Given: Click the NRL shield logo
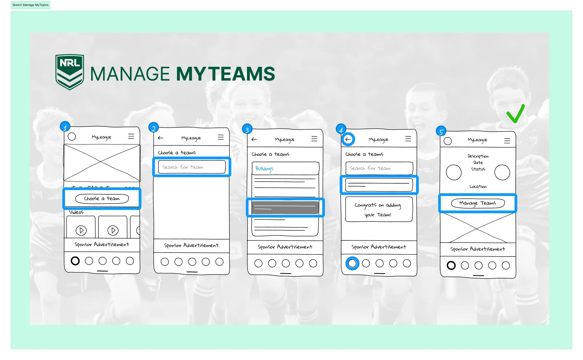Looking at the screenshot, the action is pyautogui.click(x=70, y=72).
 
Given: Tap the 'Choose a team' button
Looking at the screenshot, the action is pyautogui.click(x=102, y=199).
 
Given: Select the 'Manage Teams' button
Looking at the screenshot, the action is pyautogui.click(x=477, y=203).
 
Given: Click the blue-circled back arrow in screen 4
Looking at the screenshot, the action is pyautogui.click(x=348, y=139).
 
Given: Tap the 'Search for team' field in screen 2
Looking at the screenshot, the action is pyautogui.click(x=192, y=167).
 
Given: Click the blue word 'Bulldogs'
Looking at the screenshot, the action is pyautogui.click(x=264, y=169).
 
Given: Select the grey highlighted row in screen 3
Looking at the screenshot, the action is pyautogui.click(x=285, y=208).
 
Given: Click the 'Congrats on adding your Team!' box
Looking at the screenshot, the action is pyautogui.click(x=378, y=210).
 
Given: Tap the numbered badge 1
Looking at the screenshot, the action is pyautogui.click(x=65, y=127).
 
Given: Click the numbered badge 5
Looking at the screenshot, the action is pyautogui.click(x=441, y=132).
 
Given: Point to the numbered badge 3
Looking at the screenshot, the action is pyautogui.click(x=247, y=129).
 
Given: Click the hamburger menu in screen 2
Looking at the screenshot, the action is pyautogui.click(x=221, y=137).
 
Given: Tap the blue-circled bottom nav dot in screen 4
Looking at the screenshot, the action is pyautogui.click(x=352, y=263).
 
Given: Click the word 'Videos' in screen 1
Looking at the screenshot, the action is pyautogui.click(x=76, y=212).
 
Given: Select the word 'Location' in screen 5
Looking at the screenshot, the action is pyautogui.click(x=478, y=186).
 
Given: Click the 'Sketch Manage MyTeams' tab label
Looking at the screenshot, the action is pyautogui.click(x=30, y=5).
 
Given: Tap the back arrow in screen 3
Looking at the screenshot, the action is pyautogui.click(x=254, y=139).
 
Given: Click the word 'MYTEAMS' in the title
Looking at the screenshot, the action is pyautogui.click(x=225, y=74).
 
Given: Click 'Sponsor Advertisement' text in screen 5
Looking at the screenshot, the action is pyautogui.click(x=477, y=249).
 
